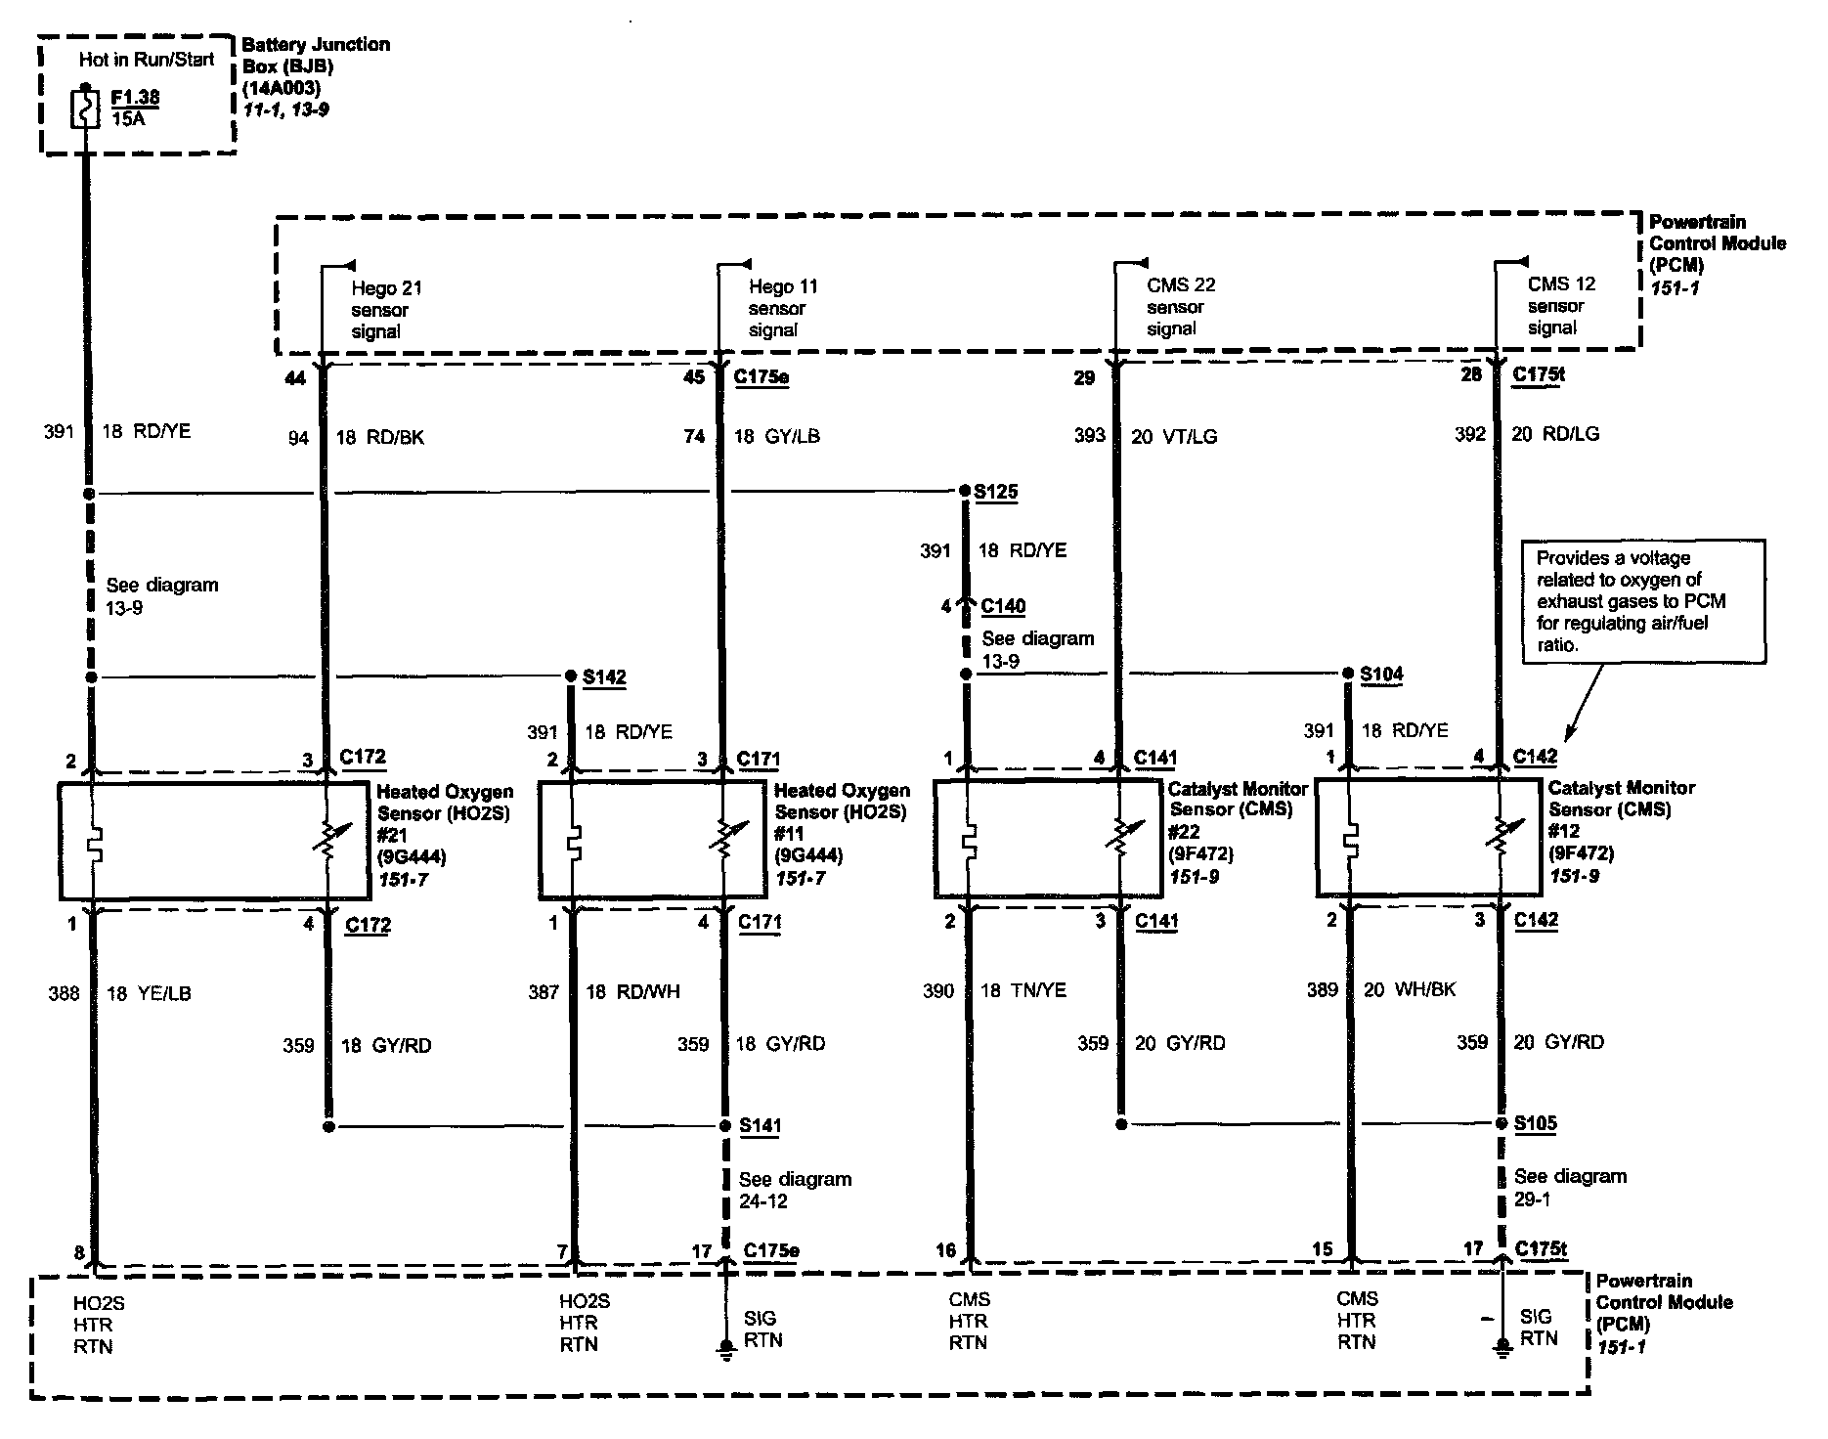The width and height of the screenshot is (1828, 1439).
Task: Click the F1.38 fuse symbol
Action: click(x=86, y=109)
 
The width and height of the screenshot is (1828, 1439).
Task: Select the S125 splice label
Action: click(x=995, y=491)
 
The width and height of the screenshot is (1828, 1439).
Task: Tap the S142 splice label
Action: click(x=604, y=676)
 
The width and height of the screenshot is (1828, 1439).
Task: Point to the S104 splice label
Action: click(x=1381, y=674)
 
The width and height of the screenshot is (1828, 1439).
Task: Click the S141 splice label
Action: click(x=761, y=1125)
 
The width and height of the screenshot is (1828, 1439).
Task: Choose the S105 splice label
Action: click(x=1536, y=1123)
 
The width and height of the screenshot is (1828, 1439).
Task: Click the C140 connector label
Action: click(x=1003, y=606)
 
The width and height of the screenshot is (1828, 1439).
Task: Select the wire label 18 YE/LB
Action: click(x=149, y=993)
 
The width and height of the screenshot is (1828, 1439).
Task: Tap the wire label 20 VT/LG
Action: click(x=1174, y=436)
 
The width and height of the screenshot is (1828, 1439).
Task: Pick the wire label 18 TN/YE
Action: click(x=1023, y=990)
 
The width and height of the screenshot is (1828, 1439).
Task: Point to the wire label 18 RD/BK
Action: click(x=380, y=437)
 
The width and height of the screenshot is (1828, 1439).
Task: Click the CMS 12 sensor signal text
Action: click(x=1560, y=305)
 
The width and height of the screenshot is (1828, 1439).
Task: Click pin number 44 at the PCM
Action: click(x=294, y=377)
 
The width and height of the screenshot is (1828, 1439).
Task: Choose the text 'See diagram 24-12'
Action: click(x=794, y=1190)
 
